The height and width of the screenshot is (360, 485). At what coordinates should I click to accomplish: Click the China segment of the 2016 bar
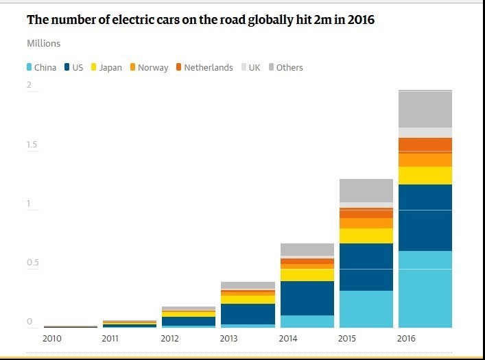[425, 289]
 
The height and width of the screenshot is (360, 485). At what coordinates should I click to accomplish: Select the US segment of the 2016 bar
[425, 217]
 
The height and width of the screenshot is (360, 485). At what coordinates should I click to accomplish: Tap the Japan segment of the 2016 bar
[425, 176]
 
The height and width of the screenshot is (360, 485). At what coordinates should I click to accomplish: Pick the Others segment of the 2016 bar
[425, 109]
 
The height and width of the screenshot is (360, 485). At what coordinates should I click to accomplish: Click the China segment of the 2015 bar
[366, 309]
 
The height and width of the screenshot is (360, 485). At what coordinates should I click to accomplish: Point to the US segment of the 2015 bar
[366, 267]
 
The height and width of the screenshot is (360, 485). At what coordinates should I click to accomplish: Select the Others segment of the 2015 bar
[366, 191]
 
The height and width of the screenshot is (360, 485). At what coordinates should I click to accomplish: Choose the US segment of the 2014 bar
[307, 298]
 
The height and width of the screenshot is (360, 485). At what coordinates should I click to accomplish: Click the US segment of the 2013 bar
[248, 313]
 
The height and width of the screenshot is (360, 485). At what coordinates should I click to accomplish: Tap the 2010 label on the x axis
[52, 338]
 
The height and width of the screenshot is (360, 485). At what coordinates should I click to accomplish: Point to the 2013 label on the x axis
[229, 338]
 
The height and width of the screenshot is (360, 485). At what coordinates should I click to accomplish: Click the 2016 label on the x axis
[407, 338]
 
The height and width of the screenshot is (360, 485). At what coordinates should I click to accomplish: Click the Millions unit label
[44, 43]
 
